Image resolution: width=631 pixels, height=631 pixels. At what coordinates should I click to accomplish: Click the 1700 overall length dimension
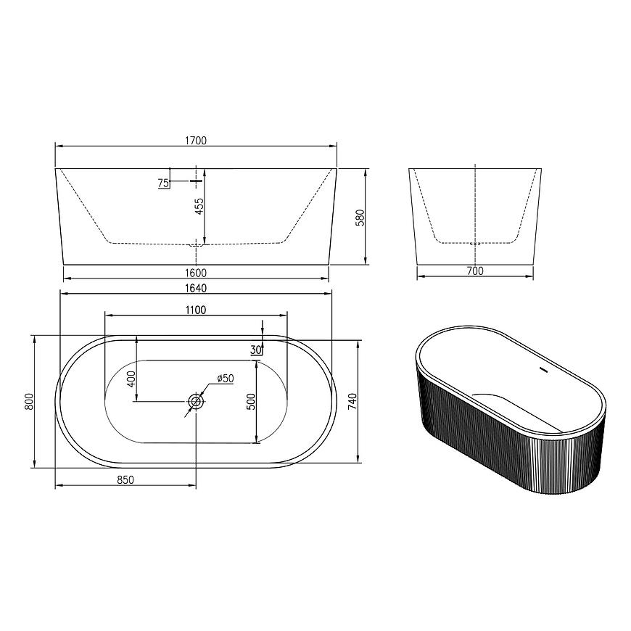pyautogui.click(x=196, y=141)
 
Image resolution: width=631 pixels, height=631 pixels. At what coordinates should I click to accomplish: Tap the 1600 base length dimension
pyautogui.click(x=196, y=273)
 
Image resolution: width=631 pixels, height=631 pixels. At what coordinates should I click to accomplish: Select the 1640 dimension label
pyautogui.click(x=196, y=288)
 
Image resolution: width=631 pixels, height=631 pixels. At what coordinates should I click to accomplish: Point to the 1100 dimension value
pyautogui.click(x=196, y=310)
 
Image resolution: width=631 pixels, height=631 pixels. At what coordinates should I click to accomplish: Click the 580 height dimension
pyautogui.click(x=360, y=218)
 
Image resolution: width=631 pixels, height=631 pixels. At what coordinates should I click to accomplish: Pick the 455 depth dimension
pyautogui.click(x=199, y=206)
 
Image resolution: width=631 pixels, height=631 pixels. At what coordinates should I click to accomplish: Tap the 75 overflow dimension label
pyautogui.click(x=163, y=183)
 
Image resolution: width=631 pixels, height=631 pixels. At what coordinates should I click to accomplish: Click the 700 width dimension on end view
pyautogui.click(x=475, y=271)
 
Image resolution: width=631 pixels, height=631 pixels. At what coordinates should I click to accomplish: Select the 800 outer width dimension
pyautogui.click(x=28, y=402)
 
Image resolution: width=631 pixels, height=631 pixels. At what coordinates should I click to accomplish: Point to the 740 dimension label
pyautogui.click(x=352, y=402)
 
